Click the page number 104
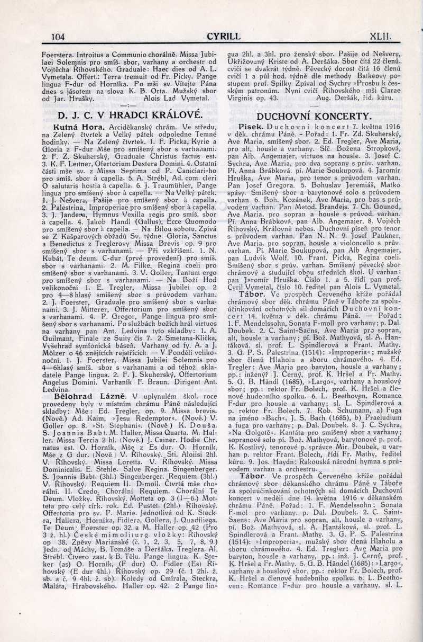(x=56, y=37)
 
